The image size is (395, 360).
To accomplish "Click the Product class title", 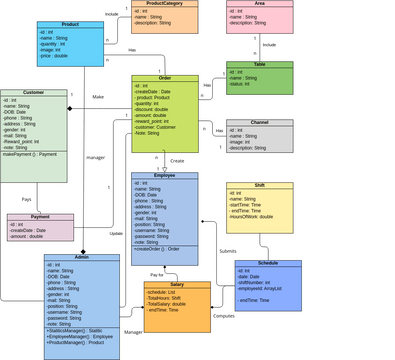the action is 70,24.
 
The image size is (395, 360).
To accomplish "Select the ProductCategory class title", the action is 164,4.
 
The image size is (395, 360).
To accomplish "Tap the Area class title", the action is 260,4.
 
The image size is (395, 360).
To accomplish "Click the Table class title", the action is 260,64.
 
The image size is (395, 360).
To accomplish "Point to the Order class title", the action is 164,78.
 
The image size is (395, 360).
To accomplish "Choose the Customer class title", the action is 33,93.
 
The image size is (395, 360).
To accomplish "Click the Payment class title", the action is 40,217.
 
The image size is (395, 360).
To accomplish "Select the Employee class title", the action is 164,175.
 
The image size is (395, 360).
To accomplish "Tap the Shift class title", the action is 260,185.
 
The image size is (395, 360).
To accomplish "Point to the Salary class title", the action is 177,285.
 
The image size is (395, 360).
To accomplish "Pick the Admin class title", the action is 82,257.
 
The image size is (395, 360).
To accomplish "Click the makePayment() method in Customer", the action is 30,155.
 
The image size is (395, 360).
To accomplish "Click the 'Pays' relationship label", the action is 27,200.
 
